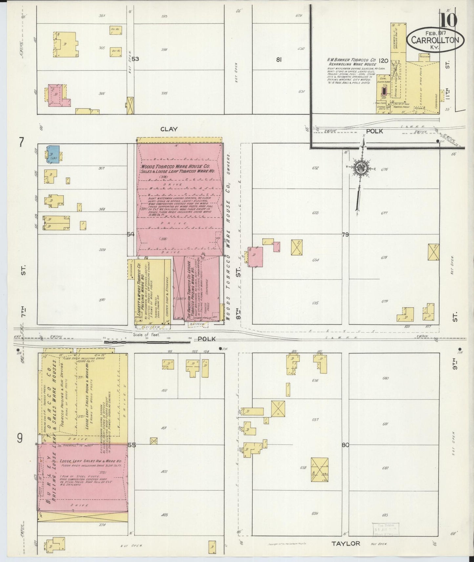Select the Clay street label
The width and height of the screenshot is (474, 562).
169,129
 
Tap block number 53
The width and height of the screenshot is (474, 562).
135,59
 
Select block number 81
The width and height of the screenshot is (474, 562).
279,59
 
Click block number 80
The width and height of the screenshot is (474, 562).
345,445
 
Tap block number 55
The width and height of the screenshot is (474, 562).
132,445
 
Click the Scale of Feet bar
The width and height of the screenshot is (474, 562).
147,342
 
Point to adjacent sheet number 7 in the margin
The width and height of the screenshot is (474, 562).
22,143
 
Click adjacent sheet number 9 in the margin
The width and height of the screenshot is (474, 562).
20,438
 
